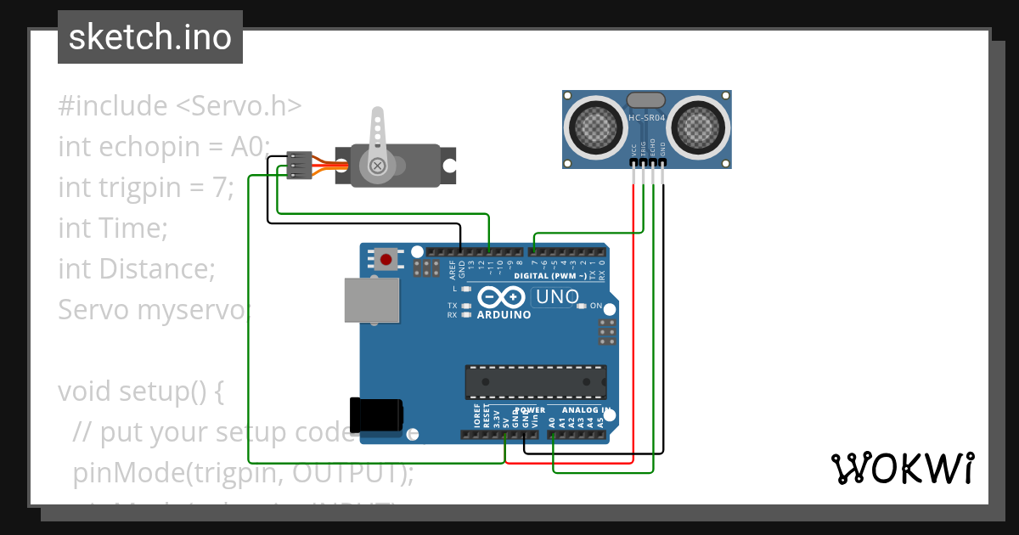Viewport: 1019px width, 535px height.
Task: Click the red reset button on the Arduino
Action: click(387, 259)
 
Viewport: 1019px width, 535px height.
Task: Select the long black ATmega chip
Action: click(535, 381)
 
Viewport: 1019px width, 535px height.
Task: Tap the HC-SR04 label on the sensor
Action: click(646, 118)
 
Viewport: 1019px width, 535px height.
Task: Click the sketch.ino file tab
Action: click(150, 37)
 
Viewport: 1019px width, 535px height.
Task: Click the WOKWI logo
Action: click(902, 468)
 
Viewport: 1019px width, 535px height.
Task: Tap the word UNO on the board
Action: click(557, 297)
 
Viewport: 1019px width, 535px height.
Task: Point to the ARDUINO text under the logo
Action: click(504, 315)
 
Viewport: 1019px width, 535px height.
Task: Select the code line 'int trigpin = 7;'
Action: click(146, 188)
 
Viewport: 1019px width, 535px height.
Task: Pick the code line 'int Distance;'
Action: click(137, 269)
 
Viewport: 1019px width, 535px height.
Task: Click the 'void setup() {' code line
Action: click(141, 391)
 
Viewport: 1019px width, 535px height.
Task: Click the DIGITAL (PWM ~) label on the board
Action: click(550, 276)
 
